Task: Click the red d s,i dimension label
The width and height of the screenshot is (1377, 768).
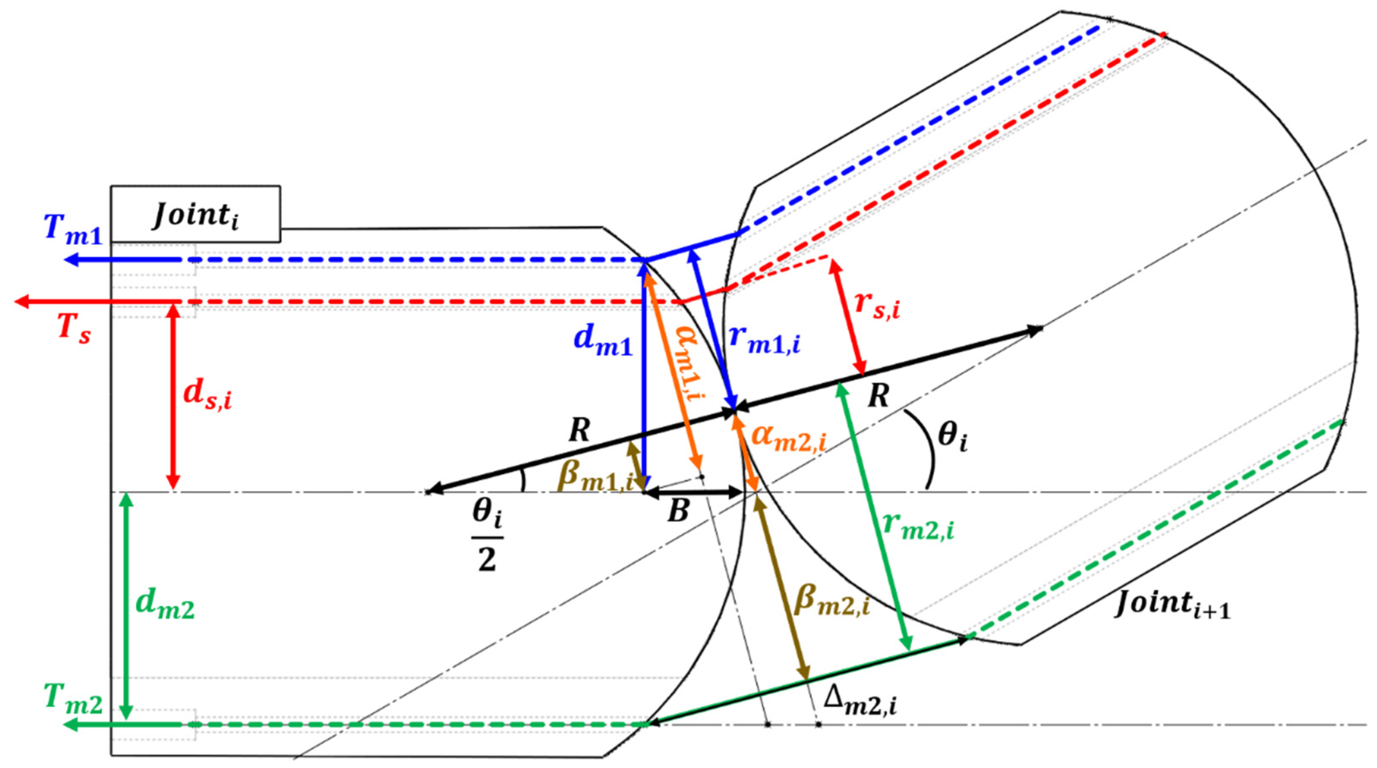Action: (207, 396)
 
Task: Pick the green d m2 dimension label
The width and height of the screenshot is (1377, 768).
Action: (164, 606)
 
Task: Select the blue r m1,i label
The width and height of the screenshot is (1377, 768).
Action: (764, 340)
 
